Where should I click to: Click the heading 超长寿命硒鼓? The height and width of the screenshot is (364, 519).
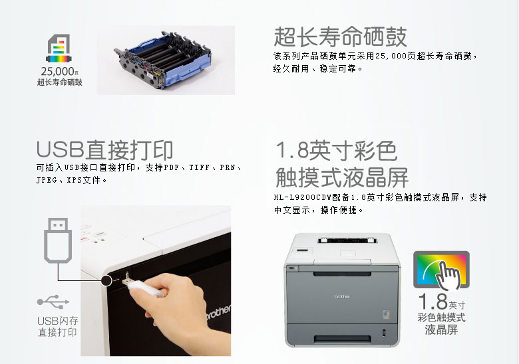click(340, 37)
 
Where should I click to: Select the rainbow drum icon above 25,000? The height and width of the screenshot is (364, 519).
click(59, 48)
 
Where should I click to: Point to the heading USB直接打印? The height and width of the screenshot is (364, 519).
click(105, 149)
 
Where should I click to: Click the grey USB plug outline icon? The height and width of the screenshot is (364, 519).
click(58, 240)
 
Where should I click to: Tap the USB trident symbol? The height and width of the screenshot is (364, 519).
click(53, 302)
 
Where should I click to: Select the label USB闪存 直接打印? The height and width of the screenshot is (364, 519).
click(58, 326)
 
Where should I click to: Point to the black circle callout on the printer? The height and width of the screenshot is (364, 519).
click(106, 280)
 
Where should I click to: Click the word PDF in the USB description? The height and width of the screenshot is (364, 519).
click(172, 168)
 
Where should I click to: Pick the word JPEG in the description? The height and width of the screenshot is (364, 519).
click(47, 181)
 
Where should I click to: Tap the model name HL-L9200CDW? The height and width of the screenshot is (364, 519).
click(303, 197)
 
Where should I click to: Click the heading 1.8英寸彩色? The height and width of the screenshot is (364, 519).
click(336, 150)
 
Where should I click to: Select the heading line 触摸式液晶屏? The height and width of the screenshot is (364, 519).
click(342, 177)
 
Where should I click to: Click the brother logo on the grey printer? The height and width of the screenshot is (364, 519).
click(342, 297)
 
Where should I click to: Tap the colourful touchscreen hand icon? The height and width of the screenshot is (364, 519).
click(442, 270)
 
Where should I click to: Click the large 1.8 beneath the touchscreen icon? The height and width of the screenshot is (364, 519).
click(433, 302)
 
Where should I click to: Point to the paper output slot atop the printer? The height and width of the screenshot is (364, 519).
click(347, 240)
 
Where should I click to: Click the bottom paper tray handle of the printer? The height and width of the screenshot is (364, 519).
click(342, 339)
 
